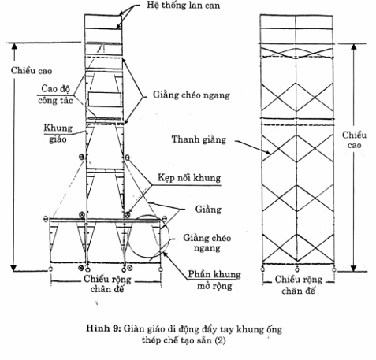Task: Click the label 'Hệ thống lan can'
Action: (183, 6)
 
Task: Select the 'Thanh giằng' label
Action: (199, 139)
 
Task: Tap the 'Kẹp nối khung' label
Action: (189, 178)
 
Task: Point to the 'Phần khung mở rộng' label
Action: (214, 280)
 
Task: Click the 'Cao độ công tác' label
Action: (55, 95)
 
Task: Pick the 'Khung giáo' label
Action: (58, 134)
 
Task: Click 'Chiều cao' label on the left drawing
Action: (32, 71)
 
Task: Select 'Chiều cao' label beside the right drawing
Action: (354, 140)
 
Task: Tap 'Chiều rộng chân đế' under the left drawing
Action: (107, 284)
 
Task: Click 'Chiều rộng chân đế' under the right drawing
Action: (299, 285)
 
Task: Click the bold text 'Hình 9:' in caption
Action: (103, 328)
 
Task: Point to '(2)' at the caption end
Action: (220, 340)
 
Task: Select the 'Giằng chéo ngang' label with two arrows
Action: (192, 95)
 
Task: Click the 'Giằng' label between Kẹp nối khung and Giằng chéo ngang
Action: (208, 210)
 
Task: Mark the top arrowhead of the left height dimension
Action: (14, 46)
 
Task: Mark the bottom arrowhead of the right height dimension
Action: (354, 268)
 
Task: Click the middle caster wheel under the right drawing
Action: (297, 269)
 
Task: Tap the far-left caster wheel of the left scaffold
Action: (50, 269)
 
